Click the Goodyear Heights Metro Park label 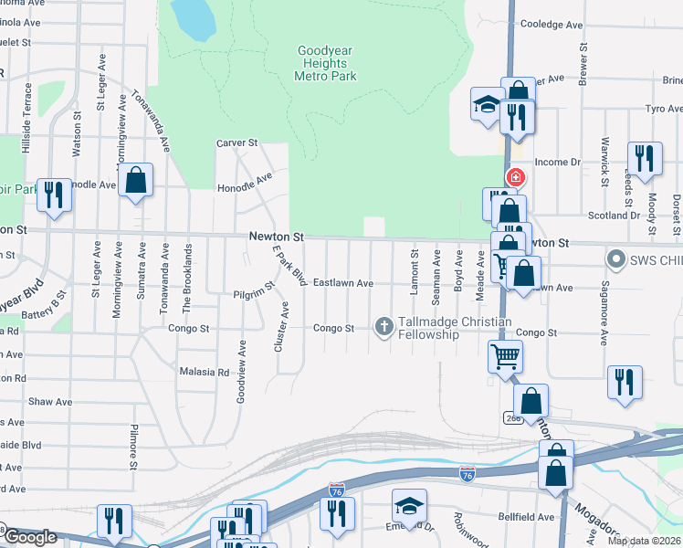coord(325,64)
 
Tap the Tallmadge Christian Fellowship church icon coord(384,325)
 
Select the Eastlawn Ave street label coord(343,284)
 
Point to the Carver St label coord(237,143)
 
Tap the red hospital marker coord(516,176)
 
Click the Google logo coord(29,537)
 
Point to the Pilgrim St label coord(253,292)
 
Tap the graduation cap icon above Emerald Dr coord(409,505)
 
